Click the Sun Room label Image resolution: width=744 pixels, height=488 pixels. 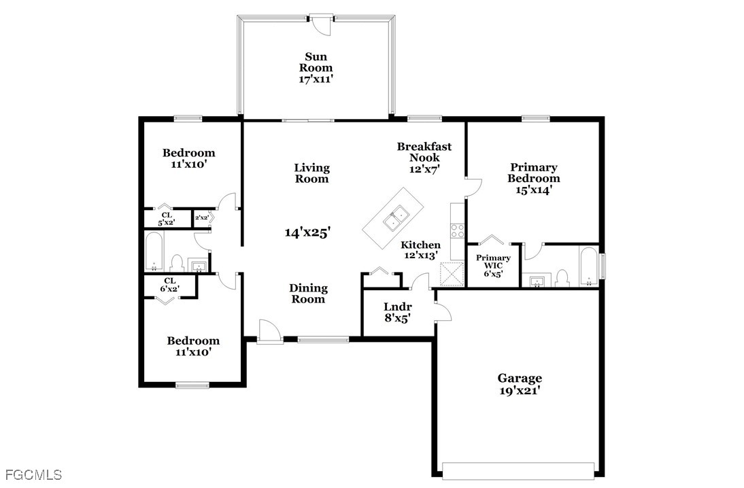316,62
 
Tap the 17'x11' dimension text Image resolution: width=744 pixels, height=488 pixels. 316,80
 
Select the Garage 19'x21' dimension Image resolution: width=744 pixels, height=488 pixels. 520,391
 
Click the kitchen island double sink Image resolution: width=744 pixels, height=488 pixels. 396,218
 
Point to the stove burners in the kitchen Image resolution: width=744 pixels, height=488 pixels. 458,231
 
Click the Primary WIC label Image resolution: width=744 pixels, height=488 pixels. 494,262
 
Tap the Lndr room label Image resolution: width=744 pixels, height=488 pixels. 398,307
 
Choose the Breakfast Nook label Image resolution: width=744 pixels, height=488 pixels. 424,152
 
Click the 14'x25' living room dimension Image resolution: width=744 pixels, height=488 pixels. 307,232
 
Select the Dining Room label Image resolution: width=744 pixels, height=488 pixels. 308,294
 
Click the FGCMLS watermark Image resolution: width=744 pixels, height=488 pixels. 34,474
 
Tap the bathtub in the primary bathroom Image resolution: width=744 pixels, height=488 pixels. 589,266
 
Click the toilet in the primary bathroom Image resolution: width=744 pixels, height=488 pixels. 562,279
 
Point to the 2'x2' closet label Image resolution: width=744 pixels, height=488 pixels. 202,217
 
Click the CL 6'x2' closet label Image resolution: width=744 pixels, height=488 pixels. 170,285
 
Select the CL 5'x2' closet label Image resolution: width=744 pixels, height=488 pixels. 167,219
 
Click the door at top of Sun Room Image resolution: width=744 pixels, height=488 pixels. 322,24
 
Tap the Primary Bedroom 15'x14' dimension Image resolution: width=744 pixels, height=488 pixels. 534,190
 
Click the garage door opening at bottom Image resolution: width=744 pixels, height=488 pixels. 518,470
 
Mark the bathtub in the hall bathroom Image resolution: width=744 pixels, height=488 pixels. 154,251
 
